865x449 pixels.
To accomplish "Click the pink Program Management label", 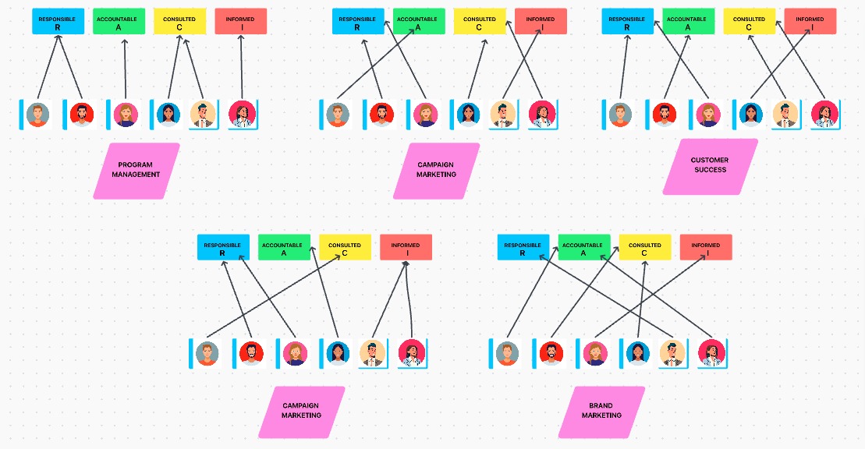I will (x=136, y=170).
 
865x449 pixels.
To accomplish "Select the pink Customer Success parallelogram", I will (x=710, y=165).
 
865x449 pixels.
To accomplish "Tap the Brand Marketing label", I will (x=601, y=411).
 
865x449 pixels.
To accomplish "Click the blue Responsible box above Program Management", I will (x=58, y=22).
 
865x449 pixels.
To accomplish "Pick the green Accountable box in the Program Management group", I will (x=119, y=22).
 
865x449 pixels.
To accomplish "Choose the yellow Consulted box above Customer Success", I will (x=749, y=22).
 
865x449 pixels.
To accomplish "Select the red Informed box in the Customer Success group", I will (x=810, y=22).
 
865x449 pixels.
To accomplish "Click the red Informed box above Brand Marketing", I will (x=705, y=248).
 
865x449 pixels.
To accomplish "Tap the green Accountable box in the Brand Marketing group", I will (x=583, y=248).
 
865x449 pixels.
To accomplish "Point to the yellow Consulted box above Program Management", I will (x=179, y=22).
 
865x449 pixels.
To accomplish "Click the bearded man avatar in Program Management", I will (x=81, y=115).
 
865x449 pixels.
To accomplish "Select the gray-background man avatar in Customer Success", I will (x=620, y=115).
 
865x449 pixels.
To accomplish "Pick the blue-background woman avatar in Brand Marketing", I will (x=637, y=353).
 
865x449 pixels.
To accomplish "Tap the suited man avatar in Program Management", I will (x=203, y=115).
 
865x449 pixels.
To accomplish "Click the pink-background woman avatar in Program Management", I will (x=125, y=115).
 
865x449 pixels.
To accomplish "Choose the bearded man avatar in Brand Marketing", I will (x=551, y=353).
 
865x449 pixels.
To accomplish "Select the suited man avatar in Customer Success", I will (x=785, y=115).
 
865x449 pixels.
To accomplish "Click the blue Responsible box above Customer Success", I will (x=627, y=22).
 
